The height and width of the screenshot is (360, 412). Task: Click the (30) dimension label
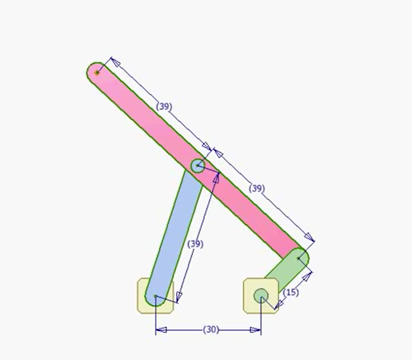pos(211,330)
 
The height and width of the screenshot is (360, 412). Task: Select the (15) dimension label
pos(291,293)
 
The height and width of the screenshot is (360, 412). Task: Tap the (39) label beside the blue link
pos(196,244)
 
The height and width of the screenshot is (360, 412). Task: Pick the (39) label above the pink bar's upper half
pos(164,107)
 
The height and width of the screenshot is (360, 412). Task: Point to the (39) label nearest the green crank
pos(257,188)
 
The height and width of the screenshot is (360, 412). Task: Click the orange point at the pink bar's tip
pos(97,73)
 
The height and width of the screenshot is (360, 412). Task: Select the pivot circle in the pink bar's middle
pos(197,165)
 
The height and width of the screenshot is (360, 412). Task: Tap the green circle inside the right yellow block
pos(261,296)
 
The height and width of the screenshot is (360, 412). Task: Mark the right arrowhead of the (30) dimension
pos(255,330)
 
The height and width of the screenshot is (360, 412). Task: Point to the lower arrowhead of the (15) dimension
pos(279,305)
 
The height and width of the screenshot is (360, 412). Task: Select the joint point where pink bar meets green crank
pos(298,259)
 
